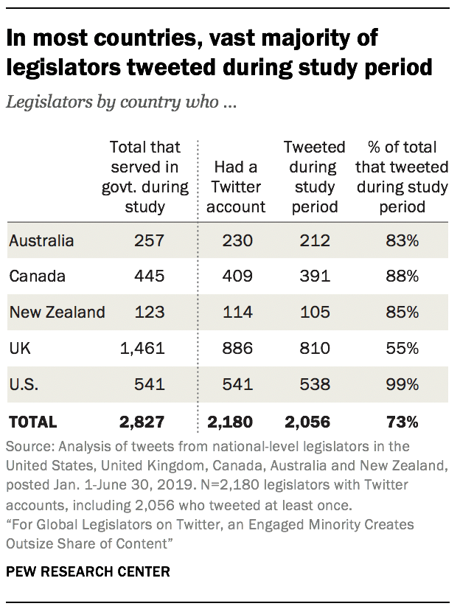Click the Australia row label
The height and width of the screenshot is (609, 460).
point(42,240)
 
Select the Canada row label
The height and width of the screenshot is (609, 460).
point(37,276)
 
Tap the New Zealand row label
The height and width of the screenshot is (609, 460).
point(57,313)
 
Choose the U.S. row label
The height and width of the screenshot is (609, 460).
point(22,385)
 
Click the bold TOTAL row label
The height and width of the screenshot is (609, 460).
point(32,422)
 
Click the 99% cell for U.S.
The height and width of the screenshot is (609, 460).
point(402,385)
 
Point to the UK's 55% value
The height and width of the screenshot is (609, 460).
point(402,349)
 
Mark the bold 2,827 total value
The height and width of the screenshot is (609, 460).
point(142,422)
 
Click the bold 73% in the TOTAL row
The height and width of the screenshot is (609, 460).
point(402,422)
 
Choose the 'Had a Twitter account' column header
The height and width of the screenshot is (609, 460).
point(236,187)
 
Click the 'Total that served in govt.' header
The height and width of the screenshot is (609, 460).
point(145,177)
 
